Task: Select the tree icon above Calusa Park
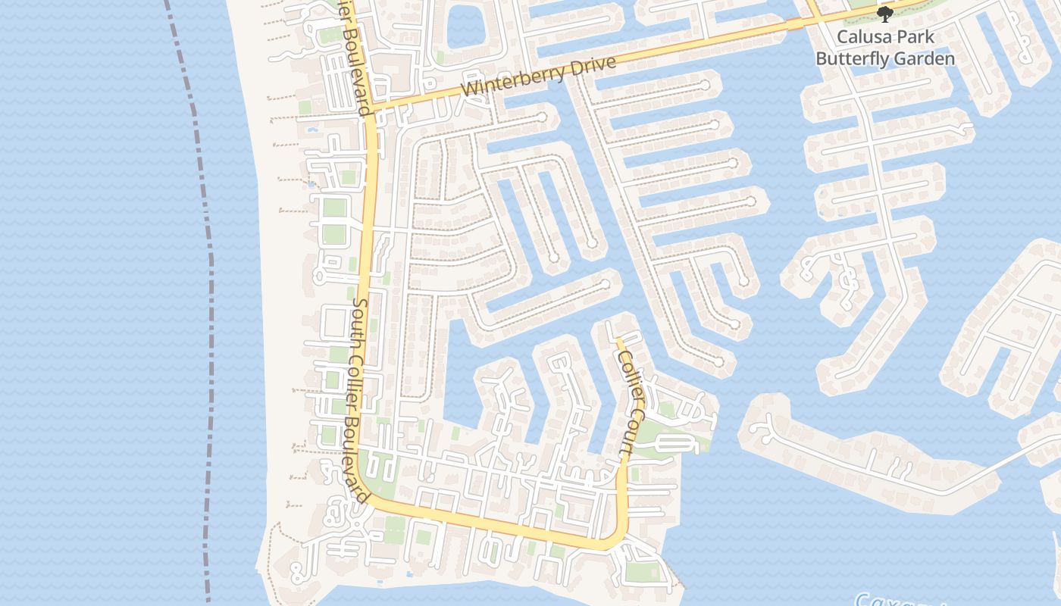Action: tap(884, 14)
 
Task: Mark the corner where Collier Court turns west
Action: tap(620, 540)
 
